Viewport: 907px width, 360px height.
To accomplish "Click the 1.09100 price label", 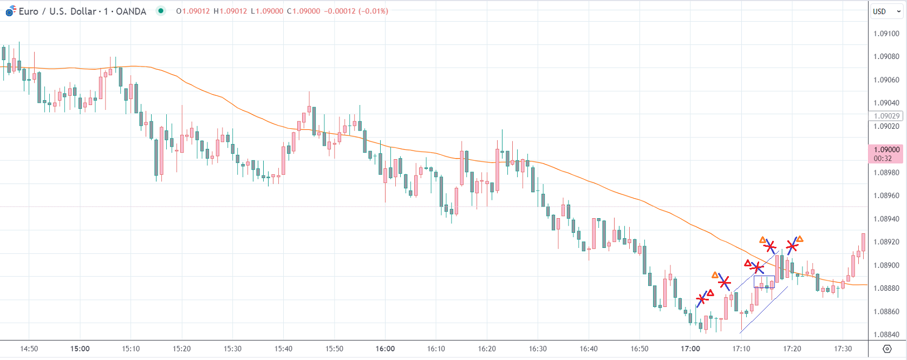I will (886, 34).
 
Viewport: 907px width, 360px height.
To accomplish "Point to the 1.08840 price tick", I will (886, 335).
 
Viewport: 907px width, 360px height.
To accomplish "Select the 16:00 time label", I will (385, 349).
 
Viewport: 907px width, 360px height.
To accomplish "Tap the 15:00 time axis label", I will (80, 349).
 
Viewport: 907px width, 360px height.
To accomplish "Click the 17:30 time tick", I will (843, 349).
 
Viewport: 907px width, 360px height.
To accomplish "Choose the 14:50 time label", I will (29, 349).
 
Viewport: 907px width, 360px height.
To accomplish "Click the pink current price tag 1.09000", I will (886, 153).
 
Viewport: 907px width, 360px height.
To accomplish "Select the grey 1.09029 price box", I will (886, 116).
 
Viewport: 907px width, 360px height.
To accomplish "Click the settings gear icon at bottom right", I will (887, 349).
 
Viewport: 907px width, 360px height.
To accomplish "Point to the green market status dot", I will (161, 11).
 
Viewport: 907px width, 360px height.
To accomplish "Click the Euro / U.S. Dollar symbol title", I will (57, 11).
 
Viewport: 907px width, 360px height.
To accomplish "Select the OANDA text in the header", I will (131, 11).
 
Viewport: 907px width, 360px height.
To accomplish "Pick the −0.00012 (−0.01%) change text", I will (356, 11).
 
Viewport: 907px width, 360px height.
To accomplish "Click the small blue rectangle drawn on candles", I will (764, 282).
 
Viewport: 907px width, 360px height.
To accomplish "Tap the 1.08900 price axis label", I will (886, 265).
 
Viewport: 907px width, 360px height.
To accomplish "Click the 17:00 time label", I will (690, 349).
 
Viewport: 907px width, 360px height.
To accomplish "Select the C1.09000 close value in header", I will (304, 11).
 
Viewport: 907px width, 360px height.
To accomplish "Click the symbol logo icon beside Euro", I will (11, 11).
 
